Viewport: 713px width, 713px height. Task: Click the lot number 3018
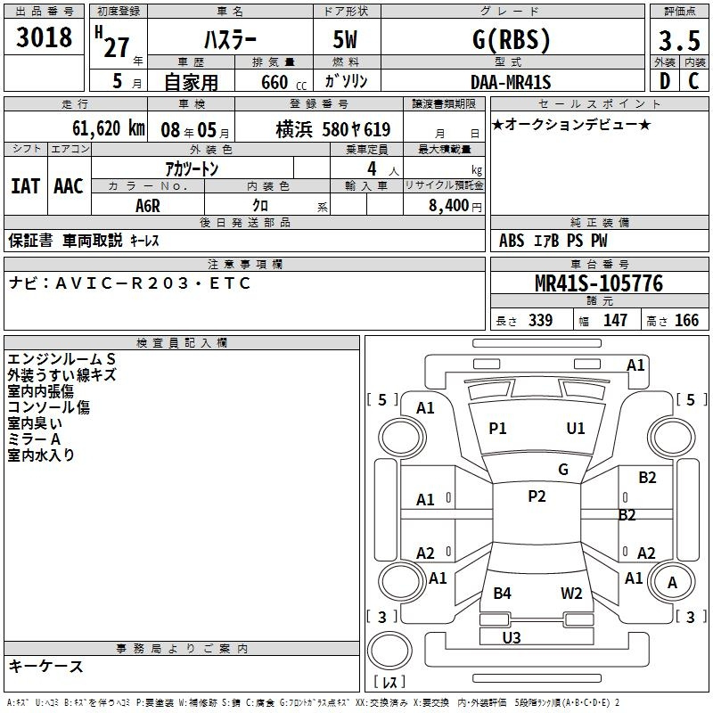[x=44, y=37]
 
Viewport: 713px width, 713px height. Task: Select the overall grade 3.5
[x=679, y=40]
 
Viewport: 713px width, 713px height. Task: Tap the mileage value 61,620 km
[x=109, y=128]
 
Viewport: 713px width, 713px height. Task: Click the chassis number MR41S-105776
[x=599, y=283]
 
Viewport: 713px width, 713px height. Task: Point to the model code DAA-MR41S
[x=511, y=82]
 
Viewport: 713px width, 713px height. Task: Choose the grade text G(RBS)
[x=511, y=39]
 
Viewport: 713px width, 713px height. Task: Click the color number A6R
[x=148, y=206]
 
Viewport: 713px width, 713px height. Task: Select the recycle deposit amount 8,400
[x=448, y=206]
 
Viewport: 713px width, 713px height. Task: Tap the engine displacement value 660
[x=275, y=82]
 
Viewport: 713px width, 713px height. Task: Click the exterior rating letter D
[x=665, y=81]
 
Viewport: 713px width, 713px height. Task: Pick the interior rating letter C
[x=693, y=81]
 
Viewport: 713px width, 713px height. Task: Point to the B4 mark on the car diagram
[x=502, y=593]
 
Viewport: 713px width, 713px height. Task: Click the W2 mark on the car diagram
[x=571, y=593]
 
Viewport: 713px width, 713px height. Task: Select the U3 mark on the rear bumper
[x=511, y=637]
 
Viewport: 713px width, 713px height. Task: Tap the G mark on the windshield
[x=563, y=470]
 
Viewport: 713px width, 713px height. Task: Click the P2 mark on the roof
[x=537, y=496]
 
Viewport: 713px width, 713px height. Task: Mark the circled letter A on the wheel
[x=672, y=582]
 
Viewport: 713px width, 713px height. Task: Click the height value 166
[x=686, y=320]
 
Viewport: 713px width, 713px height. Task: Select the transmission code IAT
[x=26, y=186]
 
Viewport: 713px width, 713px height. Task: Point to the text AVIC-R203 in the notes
[x=121, y=283]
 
